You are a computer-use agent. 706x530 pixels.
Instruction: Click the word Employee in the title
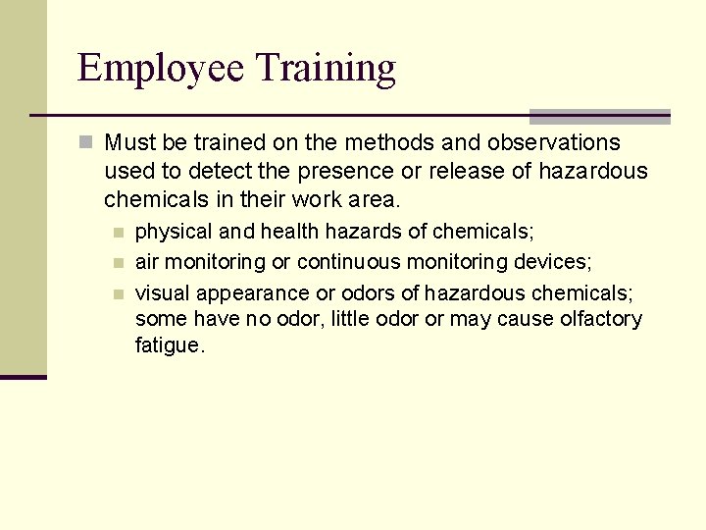162,69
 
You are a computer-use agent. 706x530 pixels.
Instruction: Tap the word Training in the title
327,69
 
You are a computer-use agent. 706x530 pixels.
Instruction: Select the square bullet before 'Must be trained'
86,142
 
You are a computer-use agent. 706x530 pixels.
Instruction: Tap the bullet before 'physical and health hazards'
118,233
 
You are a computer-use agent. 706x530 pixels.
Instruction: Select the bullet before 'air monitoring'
118,262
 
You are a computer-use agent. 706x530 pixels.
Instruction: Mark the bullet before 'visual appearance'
118,292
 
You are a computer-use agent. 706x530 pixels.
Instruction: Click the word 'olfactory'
601,319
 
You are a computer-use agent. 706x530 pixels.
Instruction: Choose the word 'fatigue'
169,346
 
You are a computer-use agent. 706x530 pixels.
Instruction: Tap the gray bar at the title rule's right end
599,116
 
